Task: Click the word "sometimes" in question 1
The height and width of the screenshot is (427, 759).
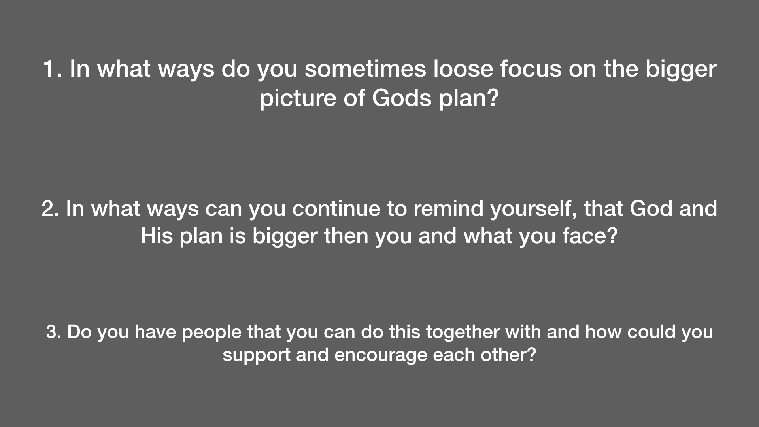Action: tap(365, 69)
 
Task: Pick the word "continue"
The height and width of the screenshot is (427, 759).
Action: tap(336, 208)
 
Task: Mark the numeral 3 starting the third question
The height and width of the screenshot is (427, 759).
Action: tap(52, 332)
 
